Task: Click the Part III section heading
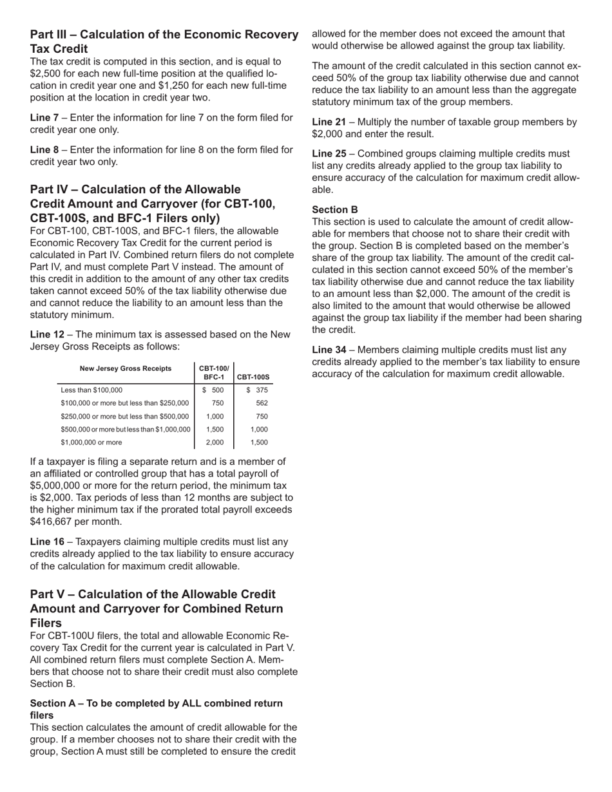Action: point(164,41)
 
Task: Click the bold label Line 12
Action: point(48,334)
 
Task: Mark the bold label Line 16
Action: point(48,542)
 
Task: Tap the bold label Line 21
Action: point(329,122)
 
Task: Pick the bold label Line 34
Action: point(329,350)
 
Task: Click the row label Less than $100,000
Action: point(91,390)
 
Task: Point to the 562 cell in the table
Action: point(262,403)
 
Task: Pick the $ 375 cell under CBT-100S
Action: point(257,390)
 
